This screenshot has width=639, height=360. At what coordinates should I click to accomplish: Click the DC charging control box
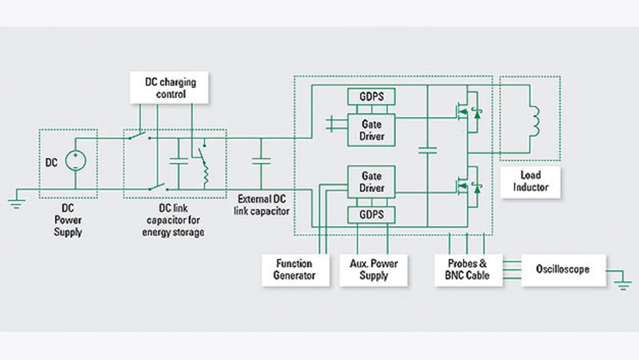point(170,88)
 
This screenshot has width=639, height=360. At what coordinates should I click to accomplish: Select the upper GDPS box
point(371,96)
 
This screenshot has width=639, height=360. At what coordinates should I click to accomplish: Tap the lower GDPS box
point(371,215)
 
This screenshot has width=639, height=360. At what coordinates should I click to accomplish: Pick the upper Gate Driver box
point(371,130)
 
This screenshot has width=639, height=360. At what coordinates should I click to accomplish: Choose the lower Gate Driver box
point(371,182)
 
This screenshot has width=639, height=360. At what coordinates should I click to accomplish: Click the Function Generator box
point(295,270)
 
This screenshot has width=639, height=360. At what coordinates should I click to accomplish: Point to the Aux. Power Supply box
point(373,270)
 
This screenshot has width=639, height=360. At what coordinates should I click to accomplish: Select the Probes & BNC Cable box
point(468,270)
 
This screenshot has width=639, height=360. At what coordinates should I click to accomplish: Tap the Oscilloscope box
point(563,270)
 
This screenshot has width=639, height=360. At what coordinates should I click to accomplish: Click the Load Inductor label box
point(530,182)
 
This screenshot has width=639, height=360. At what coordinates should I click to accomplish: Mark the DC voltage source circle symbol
point(75,161)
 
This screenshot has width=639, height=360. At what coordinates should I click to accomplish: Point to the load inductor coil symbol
point(535,120)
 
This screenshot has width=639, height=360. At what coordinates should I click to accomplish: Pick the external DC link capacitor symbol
point(261,161)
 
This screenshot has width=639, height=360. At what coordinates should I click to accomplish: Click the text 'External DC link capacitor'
point(262,205)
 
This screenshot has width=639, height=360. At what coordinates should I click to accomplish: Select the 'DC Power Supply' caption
point(68,220)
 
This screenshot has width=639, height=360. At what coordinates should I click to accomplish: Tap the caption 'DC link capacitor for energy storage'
point(173,220)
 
